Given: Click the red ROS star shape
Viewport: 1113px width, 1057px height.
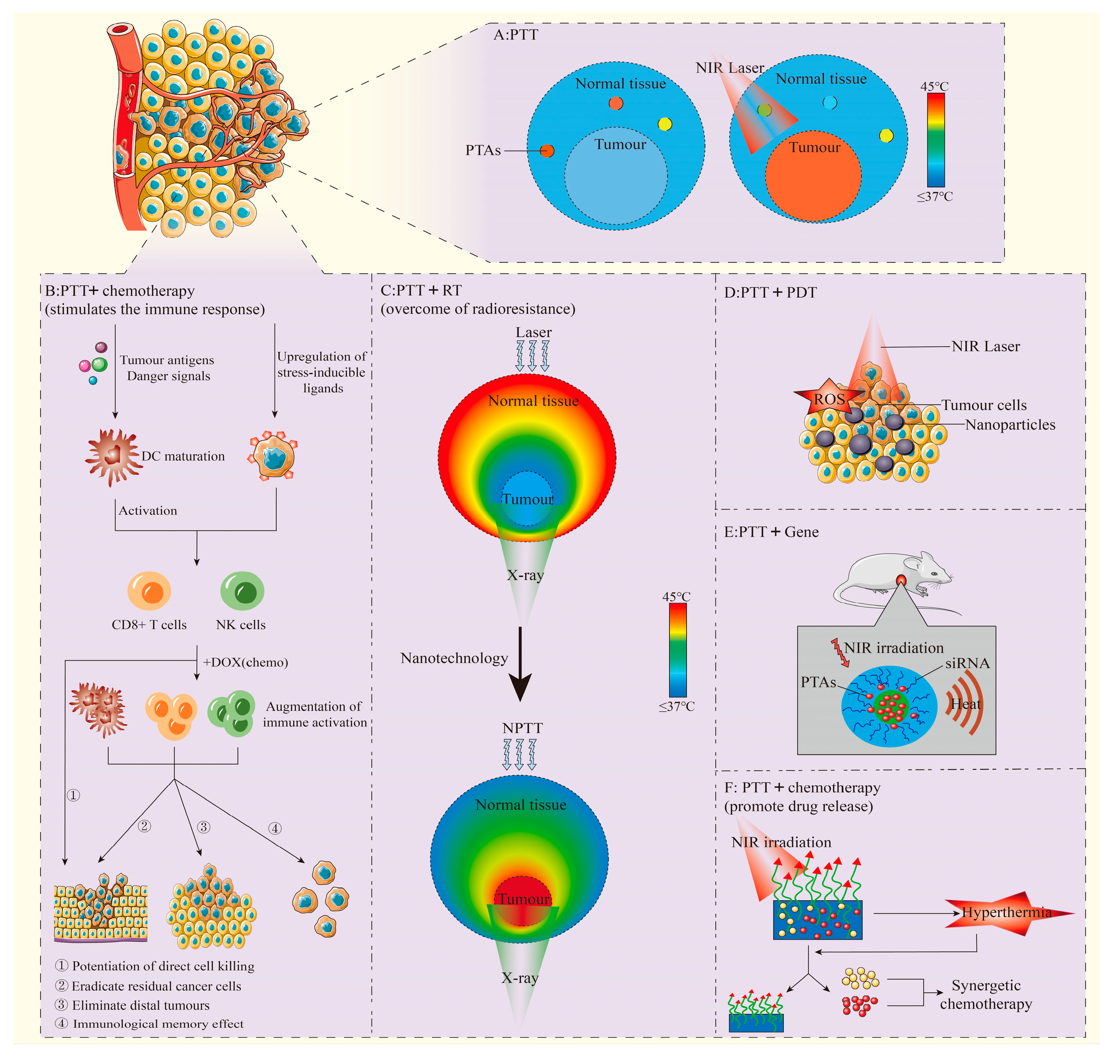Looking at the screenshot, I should pos(827,399).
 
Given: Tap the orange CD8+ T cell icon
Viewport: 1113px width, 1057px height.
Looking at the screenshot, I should pos(149,591).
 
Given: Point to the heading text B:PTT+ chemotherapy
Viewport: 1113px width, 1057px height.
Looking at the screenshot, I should pos(119,291).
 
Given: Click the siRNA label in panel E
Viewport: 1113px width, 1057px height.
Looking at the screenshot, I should pos(967,663).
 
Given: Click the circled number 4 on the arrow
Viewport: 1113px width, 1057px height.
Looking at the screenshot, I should pos(275,828).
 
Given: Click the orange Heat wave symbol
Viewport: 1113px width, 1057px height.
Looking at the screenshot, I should pos(965,704).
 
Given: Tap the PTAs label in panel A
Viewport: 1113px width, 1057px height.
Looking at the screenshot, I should pos(482,150).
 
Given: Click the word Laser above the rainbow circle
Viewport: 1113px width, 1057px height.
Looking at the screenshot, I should pos(533,332).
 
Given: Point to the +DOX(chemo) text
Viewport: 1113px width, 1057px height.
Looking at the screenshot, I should pos(245,662).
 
